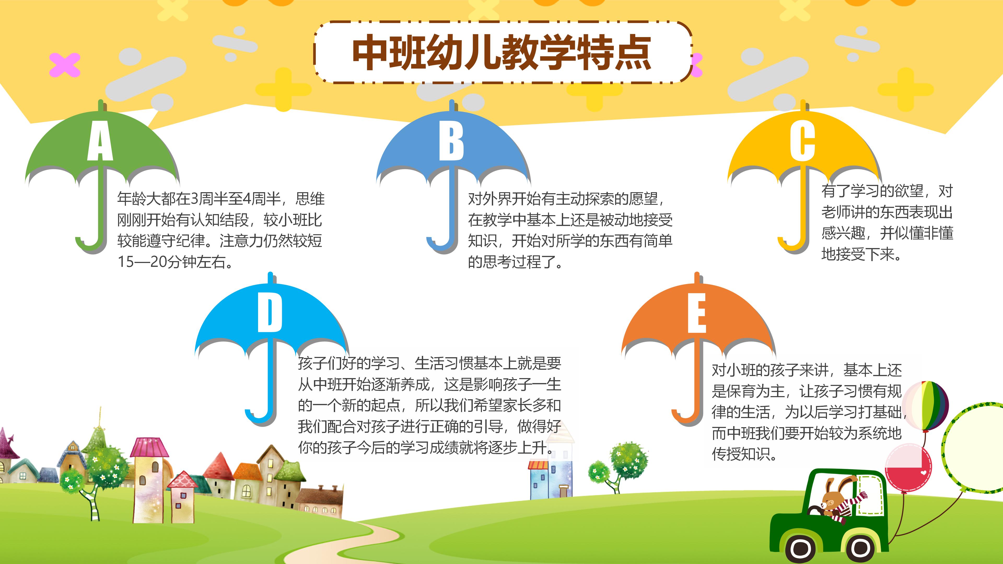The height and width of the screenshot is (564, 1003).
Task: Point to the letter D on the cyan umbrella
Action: (x=270, y=312)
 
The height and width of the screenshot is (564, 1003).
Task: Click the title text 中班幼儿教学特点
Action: (x=502, y=52)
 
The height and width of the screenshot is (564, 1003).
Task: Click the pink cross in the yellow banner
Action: (x=65, y=64)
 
